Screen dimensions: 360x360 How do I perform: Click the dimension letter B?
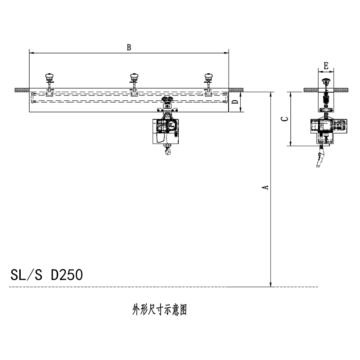point(129,47)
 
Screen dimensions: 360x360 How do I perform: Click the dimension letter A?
point(265,187)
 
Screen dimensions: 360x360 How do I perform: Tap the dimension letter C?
point(285,119)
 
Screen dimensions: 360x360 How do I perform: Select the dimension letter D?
point(235,102)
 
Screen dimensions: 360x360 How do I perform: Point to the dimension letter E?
point(326,66)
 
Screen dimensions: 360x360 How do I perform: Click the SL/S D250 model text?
point(47,275)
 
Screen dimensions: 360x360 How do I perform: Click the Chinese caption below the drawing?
point(159,310)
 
